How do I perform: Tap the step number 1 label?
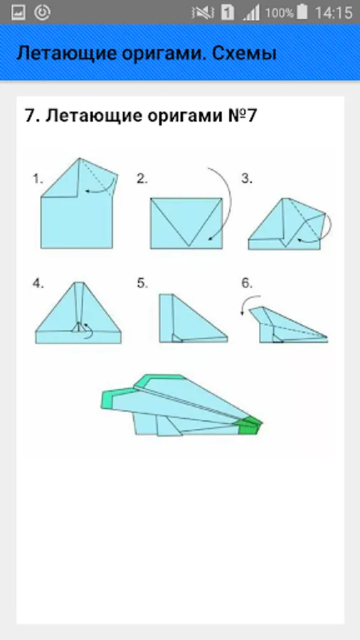click(38, 178)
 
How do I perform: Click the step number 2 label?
click(142, 178)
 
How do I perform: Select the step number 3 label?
click(247, 178)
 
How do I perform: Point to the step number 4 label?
click(38, 284)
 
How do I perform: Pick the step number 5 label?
click(142, 284)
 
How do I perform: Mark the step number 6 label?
click(247, 284)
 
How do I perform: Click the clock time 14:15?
click(333, 13)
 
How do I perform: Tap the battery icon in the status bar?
click(302, 12)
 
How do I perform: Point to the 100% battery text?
click(280, 13)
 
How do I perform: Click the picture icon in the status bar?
click(18, 13)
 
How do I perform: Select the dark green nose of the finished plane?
click(250, 426)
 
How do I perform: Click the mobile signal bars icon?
click(251, 13)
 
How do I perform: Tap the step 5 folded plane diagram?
click(193, 318)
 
